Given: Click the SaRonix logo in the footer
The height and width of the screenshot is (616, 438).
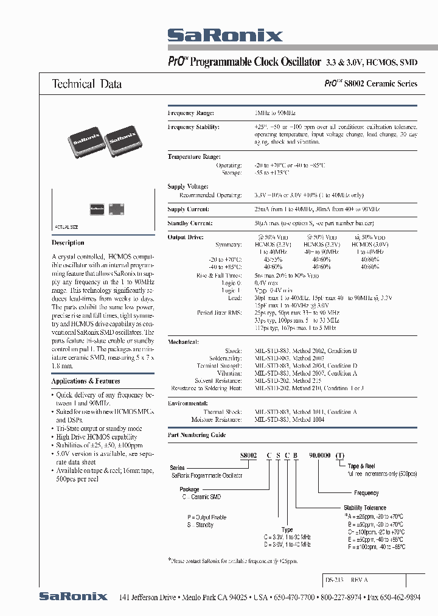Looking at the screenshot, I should (x=73, y=597).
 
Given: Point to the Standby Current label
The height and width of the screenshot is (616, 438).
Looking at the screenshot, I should (x=189, y=223).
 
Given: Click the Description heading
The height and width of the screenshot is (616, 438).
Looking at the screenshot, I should (x=68, y=243).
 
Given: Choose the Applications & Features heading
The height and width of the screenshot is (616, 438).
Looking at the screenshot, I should (x=86, y=381).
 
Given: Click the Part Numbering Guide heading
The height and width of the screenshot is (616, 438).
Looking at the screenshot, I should (x=196, y=435).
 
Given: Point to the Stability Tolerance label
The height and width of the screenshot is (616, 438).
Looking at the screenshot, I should (x=365, y=508).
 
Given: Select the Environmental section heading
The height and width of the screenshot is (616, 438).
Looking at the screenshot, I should (x=188, y=404).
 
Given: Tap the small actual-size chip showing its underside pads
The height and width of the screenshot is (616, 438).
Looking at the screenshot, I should (x=115, y=209).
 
